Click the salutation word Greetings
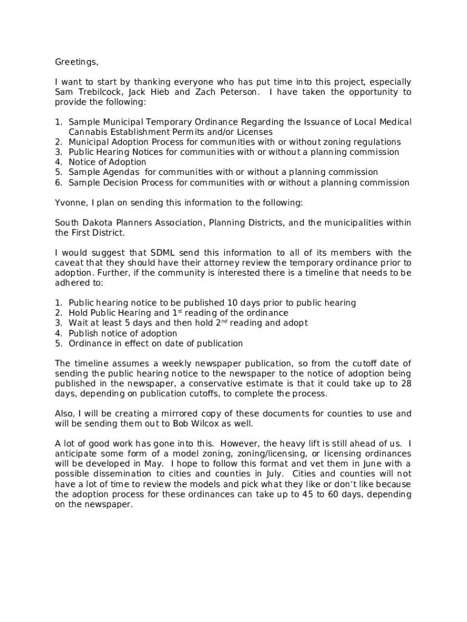(x=76, y=62)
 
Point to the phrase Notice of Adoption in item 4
(x=107, y=162)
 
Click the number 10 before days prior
(x=232, y=302)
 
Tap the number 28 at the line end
(x=406, y=383)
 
